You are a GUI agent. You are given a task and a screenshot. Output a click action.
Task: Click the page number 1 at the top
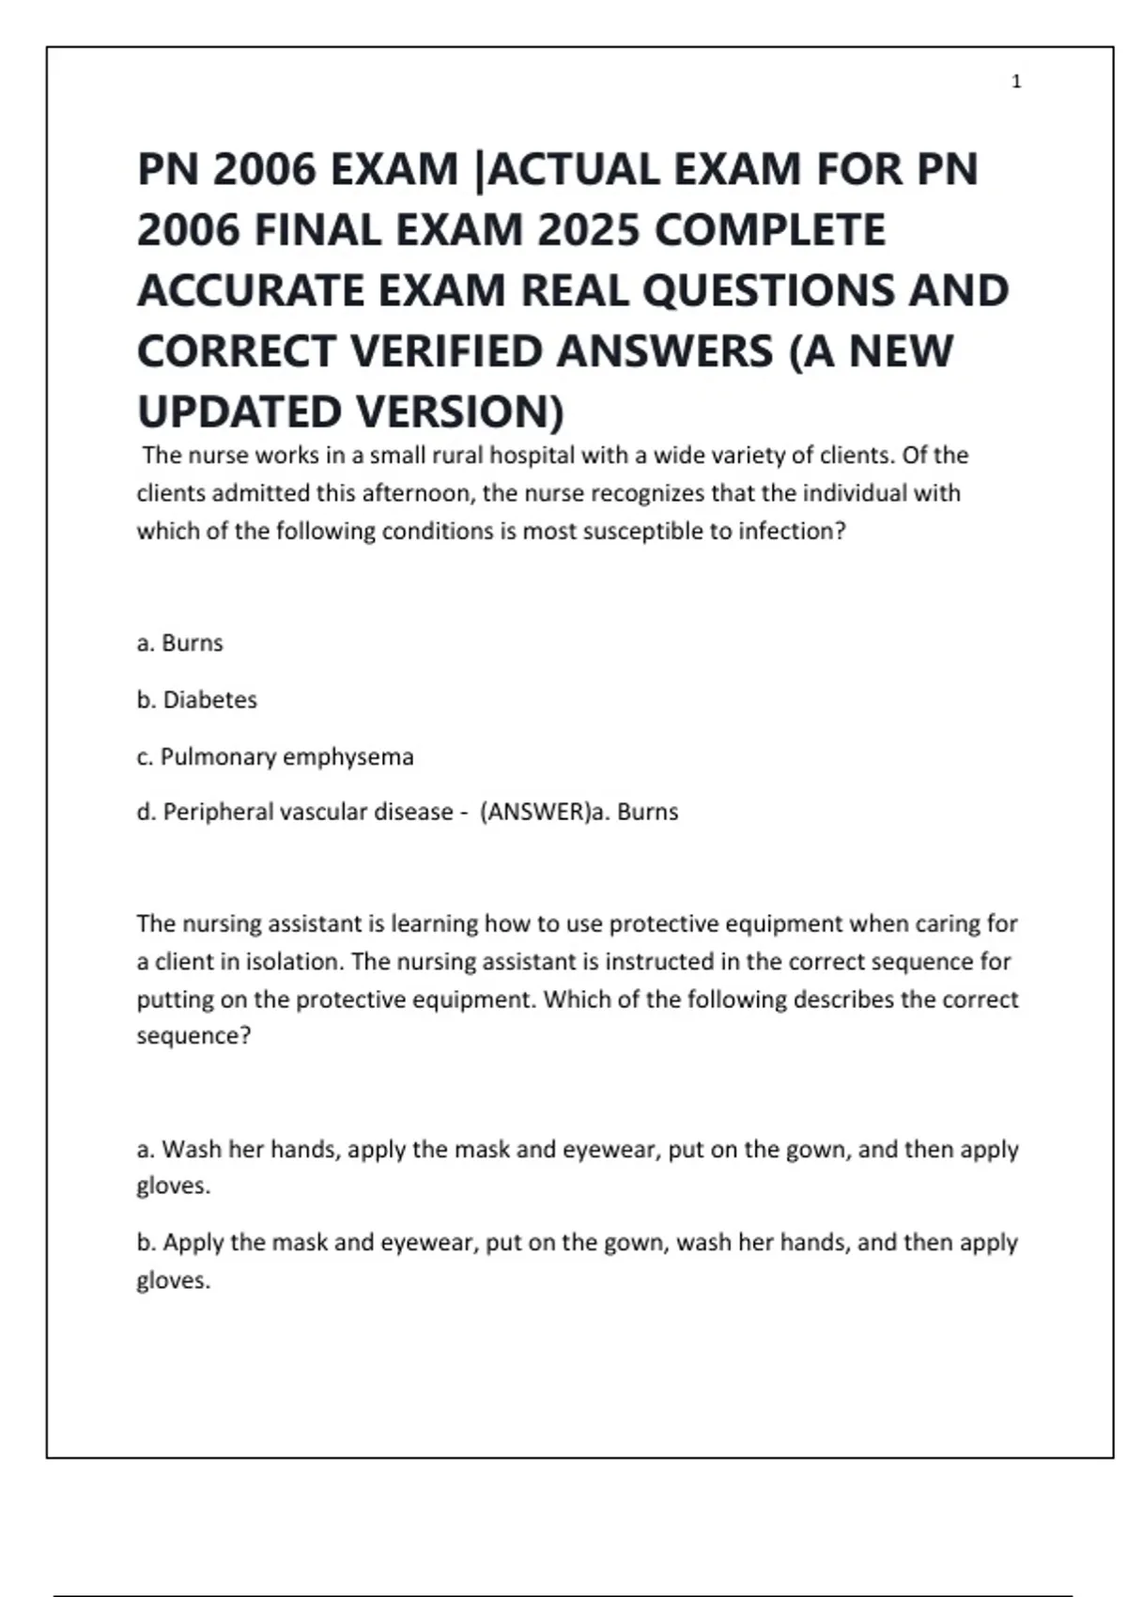(x=1016, y=83)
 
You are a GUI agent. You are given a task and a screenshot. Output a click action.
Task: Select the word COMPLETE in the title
(x=769, y=230)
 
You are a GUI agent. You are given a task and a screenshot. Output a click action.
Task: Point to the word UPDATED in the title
(x=239, y=411)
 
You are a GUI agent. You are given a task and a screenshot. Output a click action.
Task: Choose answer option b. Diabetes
(x=196, y=700)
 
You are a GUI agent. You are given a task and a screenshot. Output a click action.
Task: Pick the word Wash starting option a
(x=191, y=1149)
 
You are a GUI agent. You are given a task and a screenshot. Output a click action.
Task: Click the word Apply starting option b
(x=193, y=1243)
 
